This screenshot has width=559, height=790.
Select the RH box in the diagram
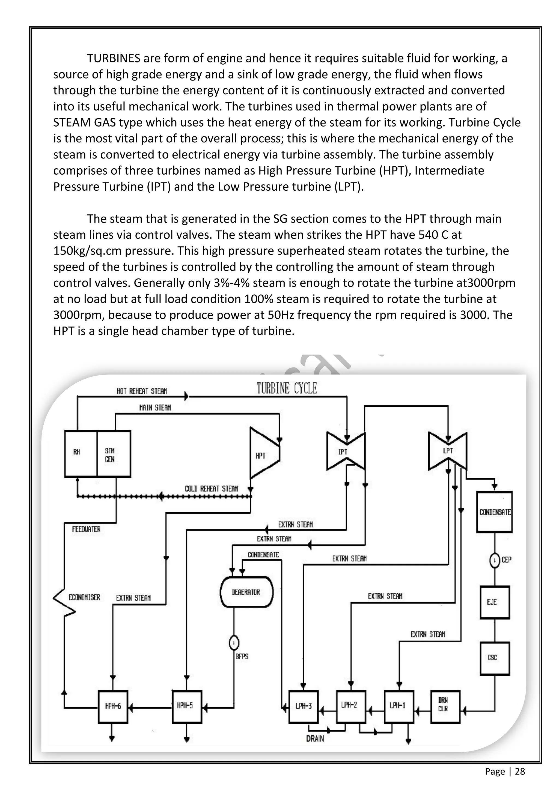[x=81, y=453]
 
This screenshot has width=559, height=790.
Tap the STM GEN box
[x=114, y=453]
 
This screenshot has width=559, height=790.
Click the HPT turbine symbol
[x=263, y=453]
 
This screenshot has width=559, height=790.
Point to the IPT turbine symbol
[x=346, y=451]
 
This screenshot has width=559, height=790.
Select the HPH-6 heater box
[x=113, y=706]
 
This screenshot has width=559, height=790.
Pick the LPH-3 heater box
[x=303, y=706]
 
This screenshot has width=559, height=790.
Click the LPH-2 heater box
[x=351, y=705]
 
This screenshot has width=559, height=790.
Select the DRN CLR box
[x=445, y=706]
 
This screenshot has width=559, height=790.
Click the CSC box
[x=495, y=657]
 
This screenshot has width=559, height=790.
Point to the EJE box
[x=495, y=602]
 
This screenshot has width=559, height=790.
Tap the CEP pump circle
[x=495, y=560]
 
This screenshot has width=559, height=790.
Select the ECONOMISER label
[x=84, y=597]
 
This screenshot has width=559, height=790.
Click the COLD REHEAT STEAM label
[x=211, y=488]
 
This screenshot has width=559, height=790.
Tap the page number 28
[x=520, y=771]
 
